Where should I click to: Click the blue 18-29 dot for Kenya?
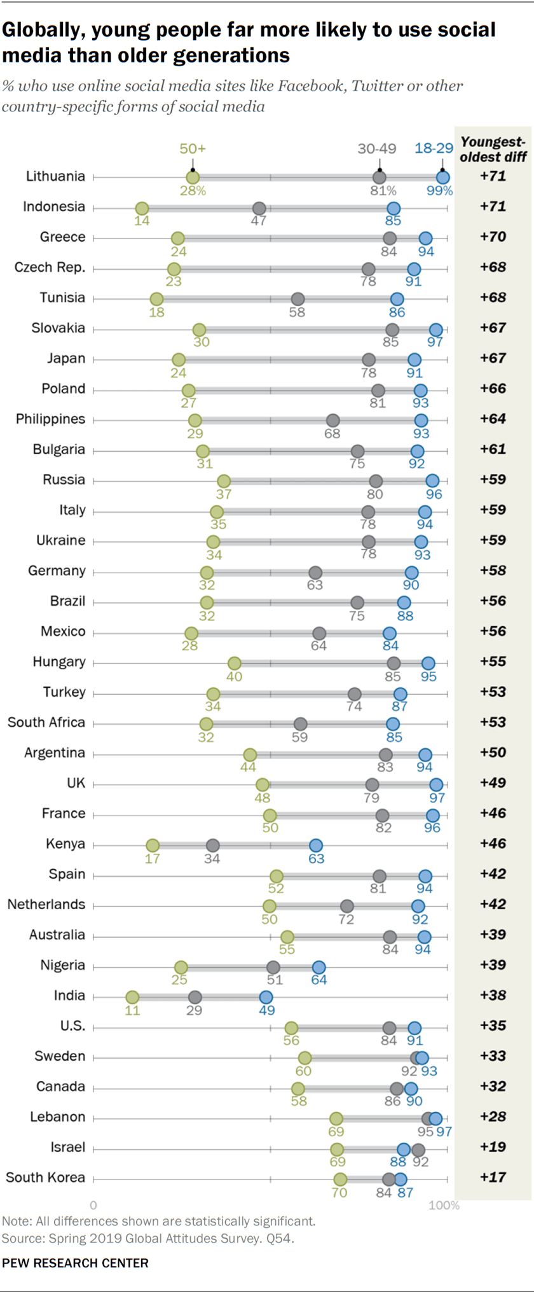pos(316,846)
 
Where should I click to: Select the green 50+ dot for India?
pos(132,997)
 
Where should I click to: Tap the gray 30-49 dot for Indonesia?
pos(259,208)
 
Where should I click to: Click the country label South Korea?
pos(45,1178)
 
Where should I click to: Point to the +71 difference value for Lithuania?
pos(493,176)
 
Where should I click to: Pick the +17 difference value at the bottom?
pos(493,1178)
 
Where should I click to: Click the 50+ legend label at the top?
pos(193,149)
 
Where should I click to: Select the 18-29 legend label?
pos(434,149)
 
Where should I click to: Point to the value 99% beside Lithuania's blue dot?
pos(439,191)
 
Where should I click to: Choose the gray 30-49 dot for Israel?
pos(418,1149)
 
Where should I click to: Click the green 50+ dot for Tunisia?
pos(156,299)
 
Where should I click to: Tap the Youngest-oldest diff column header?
pos(493,150)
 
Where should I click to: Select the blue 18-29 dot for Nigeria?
pos(319,967)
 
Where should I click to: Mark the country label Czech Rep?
pos(50,267)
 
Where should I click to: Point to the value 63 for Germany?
pos(315,585)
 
